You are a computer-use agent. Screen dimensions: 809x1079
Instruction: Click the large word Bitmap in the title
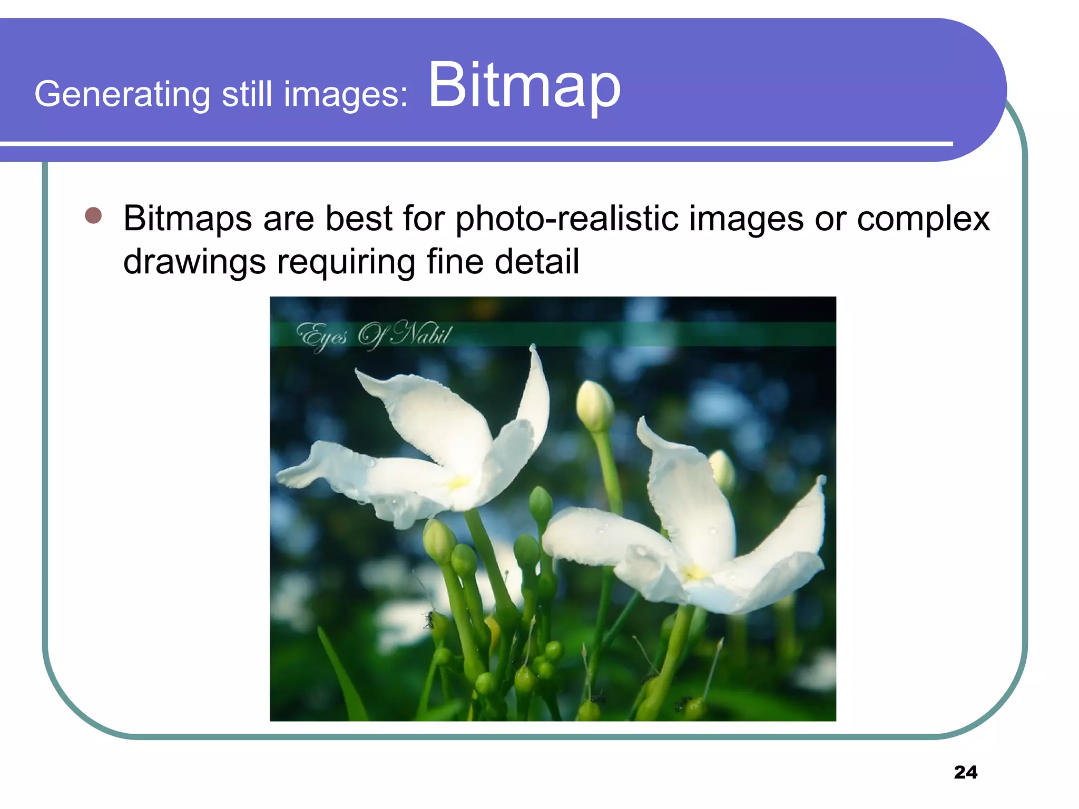[x=524, y=86]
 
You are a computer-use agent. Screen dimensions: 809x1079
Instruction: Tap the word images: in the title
[x=346, y=95]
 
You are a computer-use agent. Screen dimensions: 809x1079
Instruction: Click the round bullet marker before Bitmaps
[x=93, y=215]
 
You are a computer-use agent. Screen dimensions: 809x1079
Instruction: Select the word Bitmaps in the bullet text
[x=187, y=219]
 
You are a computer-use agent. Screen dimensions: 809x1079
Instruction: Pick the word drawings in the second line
[x=194, y=262]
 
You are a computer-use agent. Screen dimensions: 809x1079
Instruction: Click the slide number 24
[x=965, y=772]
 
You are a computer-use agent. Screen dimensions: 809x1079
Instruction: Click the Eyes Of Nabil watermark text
[x=374, y=335]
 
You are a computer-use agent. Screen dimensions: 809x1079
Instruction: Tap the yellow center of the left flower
[x=457, y=482]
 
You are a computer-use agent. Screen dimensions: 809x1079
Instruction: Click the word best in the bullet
[x=358, y=219]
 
